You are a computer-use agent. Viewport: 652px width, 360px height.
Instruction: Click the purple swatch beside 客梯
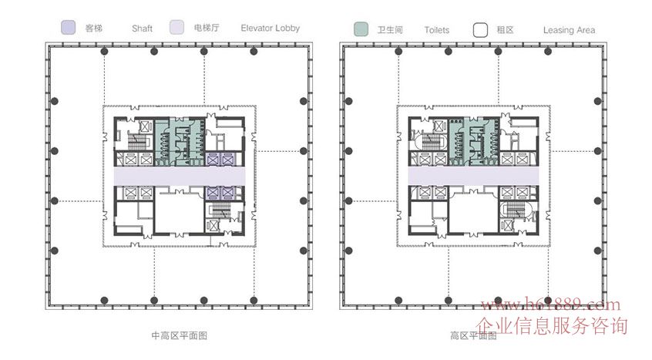(x=68, y=29)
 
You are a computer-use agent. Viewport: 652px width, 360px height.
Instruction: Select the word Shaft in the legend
(x=142, y=29)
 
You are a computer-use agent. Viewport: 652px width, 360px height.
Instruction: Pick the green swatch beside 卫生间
(x=361, y=29)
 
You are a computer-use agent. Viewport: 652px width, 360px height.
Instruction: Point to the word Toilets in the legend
(x=436, y=30)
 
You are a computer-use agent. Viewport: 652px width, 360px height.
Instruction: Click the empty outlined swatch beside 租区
(x=480, y=30)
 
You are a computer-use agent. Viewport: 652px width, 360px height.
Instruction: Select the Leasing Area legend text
(x=569, y=30)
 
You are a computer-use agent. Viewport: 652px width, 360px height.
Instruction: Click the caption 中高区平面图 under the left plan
(x=180, y=335)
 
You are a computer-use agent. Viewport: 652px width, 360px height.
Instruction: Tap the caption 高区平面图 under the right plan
(x=473, y=335)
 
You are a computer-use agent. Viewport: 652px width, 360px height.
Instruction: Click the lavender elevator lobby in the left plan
(x=180, y=176)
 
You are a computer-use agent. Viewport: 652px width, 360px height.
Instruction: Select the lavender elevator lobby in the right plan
(x=473, y=176)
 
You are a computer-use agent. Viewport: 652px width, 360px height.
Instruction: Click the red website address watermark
(x=550, y=306)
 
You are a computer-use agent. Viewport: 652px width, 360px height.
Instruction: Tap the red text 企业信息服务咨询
(x=553, y=325)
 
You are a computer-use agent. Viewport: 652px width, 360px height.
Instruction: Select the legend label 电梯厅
(x=207, y=29)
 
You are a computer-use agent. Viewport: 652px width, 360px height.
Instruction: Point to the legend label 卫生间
(x=390, y=30)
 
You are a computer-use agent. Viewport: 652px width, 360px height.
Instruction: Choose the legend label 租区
(x=506, y=30)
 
